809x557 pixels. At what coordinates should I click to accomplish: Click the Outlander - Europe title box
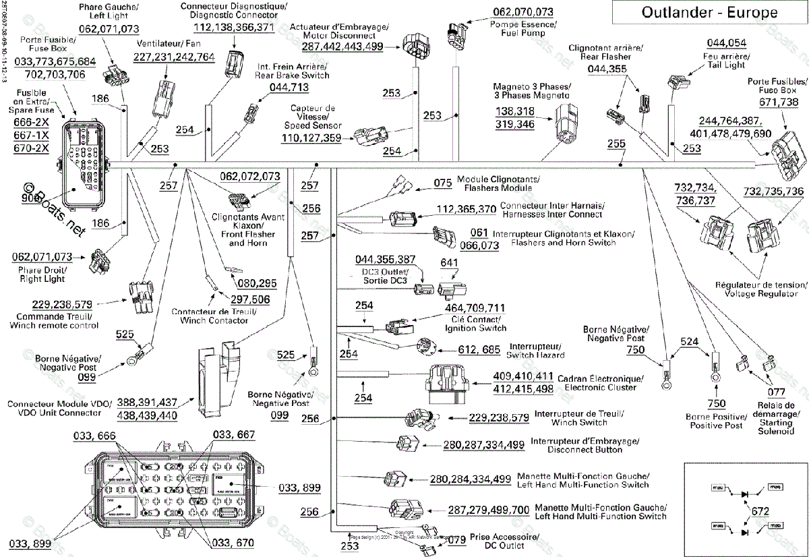(709, 12)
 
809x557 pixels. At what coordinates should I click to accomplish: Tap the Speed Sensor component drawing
(369, 136)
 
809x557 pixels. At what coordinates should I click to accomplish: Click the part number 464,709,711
(475, 308)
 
